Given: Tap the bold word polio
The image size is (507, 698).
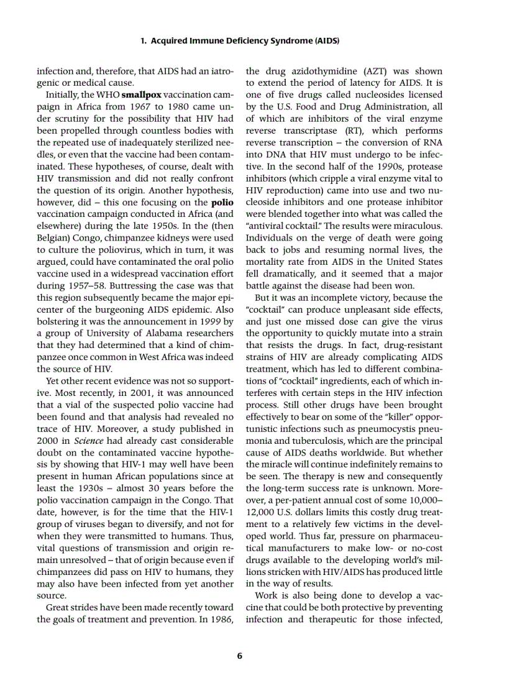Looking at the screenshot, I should [x=222, y=202].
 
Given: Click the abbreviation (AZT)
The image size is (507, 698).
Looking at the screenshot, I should [x=371, y=71].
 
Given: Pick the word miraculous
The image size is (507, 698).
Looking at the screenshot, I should [x=418, y=226].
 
